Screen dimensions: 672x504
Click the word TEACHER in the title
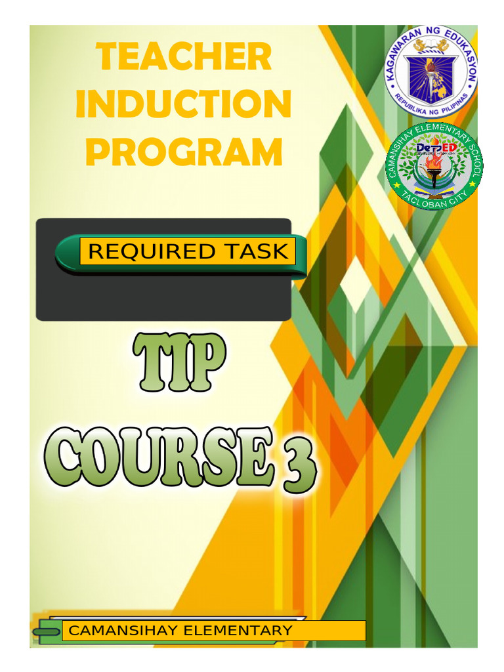(183, 57)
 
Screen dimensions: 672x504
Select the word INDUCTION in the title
(183, 104)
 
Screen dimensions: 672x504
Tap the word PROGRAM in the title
(184, 152)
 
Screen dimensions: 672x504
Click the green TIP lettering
(178, 363)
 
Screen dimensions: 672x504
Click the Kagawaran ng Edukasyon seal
(430, 71)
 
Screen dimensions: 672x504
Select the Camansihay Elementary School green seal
(434, 167)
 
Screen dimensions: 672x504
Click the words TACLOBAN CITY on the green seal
(434, 201)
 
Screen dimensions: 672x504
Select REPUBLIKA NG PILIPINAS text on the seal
(430, 105)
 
